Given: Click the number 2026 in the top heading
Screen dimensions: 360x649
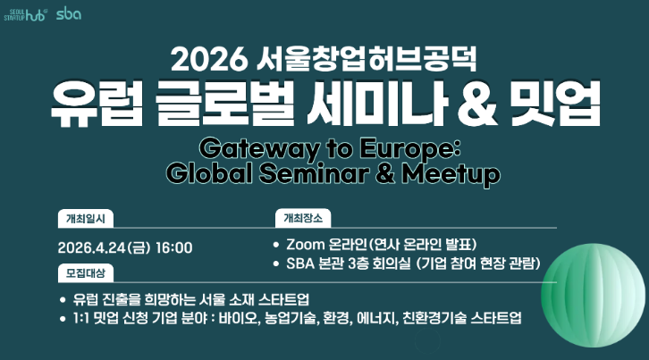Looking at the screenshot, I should (x=207, y=59).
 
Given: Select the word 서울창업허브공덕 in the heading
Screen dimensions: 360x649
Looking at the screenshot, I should (x=367, y=59).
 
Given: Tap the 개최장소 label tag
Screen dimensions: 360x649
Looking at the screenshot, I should (x=305, y=217).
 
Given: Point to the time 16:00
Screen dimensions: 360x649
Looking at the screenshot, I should (x=174, y=247).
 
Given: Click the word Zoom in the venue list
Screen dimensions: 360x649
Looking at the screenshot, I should (x=305, y=245).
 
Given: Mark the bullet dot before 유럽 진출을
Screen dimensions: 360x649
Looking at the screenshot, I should (x=61, y=298).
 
